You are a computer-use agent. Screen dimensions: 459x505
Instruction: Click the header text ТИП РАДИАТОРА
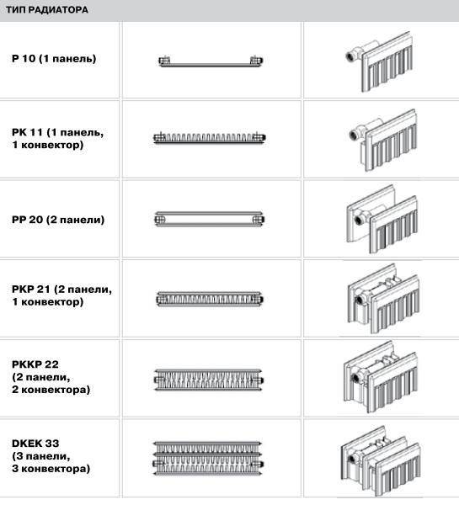pos(47,9)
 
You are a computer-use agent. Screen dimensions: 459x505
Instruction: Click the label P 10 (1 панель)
pos(54,59)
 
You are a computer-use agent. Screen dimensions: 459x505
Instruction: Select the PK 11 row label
pos(58,139)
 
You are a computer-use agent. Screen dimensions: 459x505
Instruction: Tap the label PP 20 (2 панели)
pos(58,220)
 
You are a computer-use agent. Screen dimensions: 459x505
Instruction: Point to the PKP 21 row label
pos(61,295)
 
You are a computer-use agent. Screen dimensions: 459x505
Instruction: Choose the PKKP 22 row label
pos(51,377)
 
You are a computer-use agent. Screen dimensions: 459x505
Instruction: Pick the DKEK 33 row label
pos(51,455)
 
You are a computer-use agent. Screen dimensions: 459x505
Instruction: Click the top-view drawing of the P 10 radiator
pos(211,61)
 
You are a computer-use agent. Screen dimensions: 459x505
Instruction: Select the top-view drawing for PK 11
pos(210,138)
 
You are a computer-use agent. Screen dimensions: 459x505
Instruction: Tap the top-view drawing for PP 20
pos(210,219)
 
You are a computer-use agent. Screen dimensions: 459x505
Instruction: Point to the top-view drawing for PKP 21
pos(210,299)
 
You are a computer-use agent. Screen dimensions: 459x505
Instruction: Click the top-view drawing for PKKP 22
pos(209,380)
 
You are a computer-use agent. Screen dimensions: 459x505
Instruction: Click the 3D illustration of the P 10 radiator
pos(379,61)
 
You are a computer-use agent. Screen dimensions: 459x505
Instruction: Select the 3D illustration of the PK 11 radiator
pos(383,140)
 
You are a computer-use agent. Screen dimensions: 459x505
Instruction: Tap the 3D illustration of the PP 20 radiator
pos(382,219)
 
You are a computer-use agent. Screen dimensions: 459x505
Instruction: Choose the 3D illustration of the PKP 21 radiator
pos(383,299)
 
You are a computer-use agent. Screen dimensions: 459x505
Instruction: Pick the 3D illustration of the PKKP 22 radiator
pos(382,377)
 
